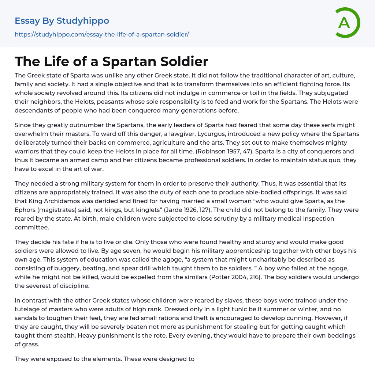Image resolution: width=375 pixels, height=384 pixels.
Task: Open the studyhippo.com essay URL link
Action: click(102, 35)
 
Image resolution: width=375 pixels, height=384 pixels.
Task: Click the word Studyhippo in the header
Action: click(83, 21)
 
